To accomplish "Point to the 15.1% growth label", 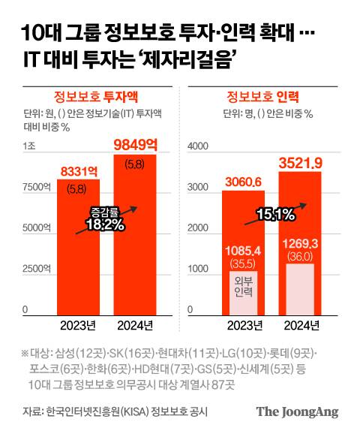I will pyautogui.click(x=275, y=215).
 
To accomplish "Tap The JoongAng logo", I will pyautogui.click(x=298, y=411).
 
